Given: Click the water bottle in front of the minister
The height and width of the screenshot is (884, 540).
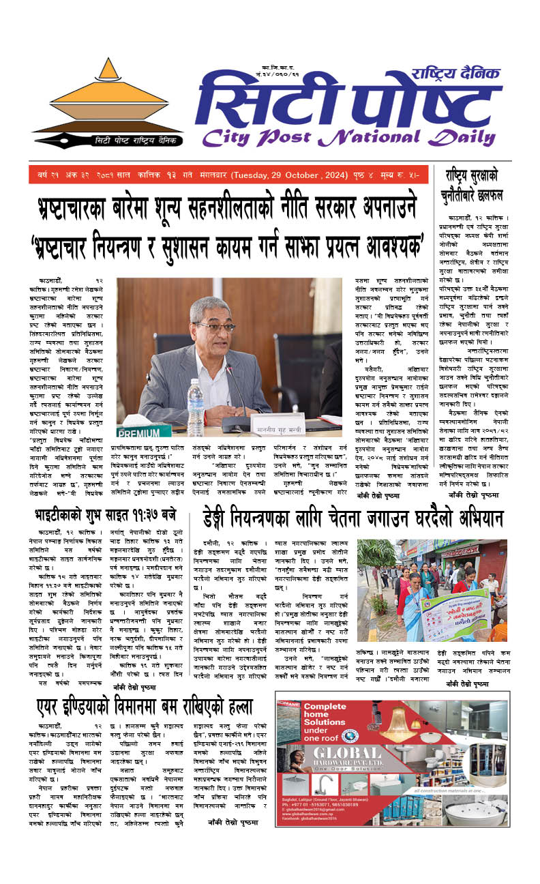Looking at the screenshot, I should (x=196, y=398).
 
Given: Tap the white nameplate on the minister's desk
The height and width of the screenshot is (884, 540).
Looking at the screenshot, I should (x=279, y=424).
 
